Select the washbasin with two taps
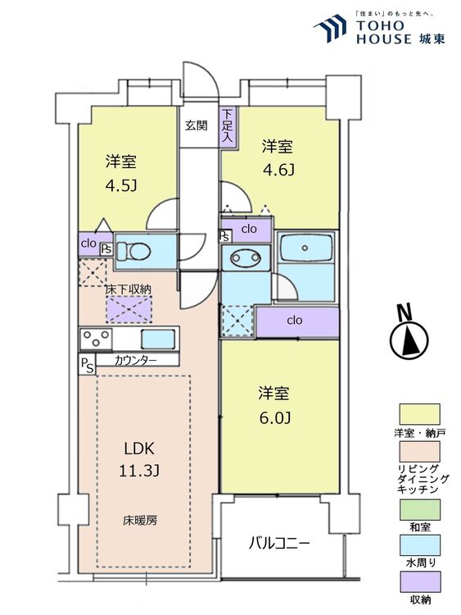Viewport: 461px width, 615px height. [x=246, y=257]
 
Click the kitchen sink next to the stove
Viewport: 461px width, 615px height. [x=157, y=339]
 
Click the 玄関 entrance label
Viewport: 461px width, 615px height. [x=197, y=126]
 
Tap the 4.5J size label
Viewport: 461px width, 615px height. [x=121, y=185]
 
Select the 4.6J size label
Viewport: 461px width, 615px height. [x=278, y=171]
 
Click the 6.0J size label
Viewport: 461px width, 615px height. [x=274, y=418]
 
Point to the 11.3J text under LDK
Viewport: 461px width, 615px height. [x=139, y=471]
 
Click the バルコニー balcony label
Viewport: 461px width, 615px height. [x=280, y=544]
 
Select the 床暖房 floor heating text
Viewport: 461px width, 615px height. [x=140, y=521]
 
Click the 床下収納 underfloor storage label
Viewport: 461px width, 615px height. [x=129, y=289]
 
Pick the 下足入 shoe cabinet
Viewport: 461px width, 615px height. [x=228, y=127]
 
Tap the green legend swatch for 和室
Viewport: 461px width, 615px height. [x=419, y=509]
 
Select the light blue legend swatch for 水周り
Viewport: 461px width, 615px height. [x=419, y=545]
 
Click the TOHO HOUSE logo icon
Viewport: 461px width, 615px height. [x=330, y=28]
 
